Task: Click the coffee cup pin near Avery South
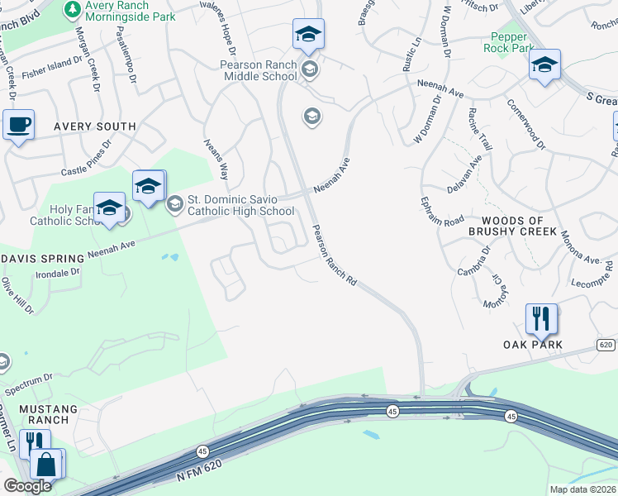pyautogui.click(x=18, y=126)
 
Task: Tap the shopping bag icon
pyautogui.click(x=47, y=465)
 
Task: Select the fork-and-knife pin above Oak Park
pyautogui.click(x=541, y=318)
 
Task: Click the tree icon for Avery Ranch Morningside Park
pyautogui.click(x=74, y=8)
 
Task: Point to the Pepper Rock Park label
pyautogui.click(x=508, y=42)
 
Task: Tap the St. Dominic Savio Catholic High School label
pyautogui.click(x=240, y=204)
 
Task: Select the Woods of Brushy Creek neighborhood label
pyautogui.click(x=524, y=227)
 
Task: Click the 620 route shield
pyautogui.click(x=606, y=343)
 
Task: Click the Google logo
pyautogui.click(x=27, y=486)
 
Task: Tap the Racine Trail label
pyautogui.click(x=480, y=129)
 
